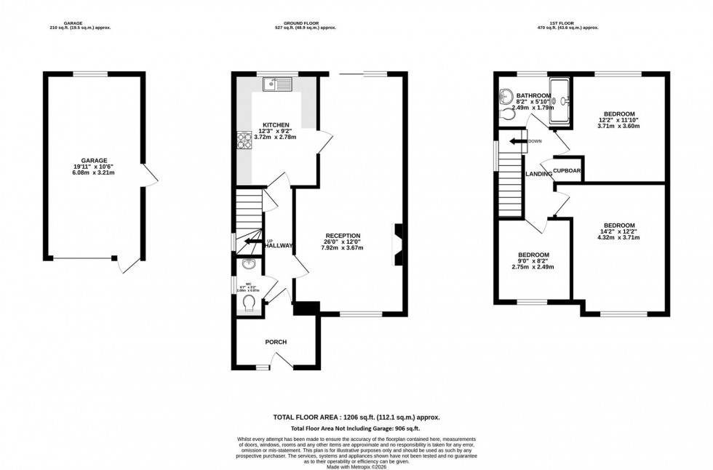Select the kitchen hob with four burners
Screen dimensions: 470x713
click(x=244, y=138)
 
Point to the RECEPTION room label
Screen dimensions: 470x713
click(x=343, y=235)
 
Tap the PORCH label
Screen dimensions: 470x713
click(x=276, y=342)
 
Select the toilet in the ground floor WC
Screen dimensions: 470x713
click(x=249, y=302)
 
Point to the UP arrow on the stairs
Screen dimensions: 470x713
click(x=254, y=242)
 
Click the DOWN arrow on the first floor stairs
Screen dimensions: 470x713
click(x=519, y=141)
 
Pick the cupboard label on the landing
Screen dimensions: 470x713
click(x=567, y=171)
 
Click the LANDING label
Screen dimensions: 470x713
click(x=538, y=174)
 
